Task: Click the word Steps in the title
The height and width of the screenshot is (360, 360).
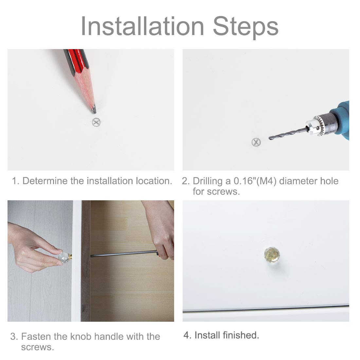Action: coord(245,27)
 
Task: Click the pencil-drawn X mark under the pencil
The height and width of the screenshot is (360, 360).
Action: coord(96,122)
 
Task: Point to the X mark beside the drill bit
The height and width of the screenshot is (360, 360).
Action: coord(256,142)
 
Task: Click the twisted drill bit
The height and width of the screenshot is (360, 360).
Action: coord(289,134)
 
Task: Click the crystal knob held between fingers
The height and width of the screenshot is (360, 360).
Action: coord(63,258)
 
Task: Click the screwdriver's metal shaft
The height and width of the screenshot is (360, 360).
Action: coord(124,254)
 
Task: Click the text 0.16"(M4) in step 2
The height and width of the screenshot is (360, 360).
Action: coord(255,181)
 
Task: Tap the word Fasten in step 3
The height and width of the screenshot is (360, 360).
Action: coord(36,336)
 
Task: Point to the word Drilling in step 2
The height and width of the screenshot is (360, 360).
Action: coord(207,181)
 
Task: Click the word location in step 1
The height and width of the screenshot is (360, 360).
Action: coord(154,181)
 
